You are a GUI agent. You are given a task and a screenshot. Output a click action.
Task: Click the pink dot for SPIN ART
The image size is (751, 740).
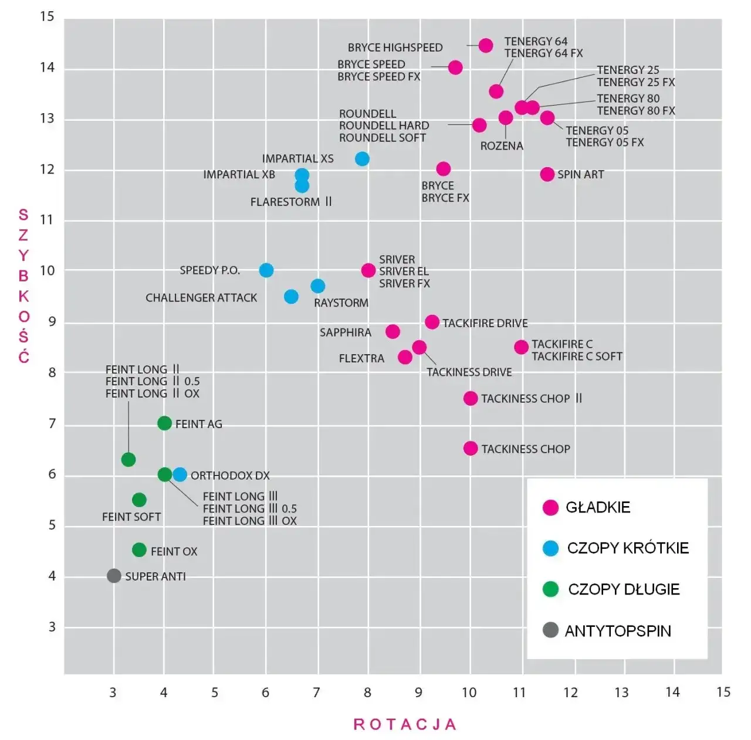[547, 174]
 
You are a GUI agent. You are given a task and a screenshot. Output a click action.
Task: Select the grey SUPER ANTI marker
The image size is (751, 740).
[114, 576]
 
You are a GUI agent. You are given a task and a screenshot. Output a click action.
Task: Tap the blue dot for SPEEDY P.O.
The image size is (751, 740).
[266, 270]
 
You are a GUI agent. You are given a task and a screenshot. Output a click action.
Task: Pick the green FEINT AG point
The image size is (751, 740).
[164, 423]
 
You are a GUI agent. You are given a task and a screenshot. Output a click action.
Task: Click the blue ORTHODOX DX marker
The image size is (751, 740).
[180, 474]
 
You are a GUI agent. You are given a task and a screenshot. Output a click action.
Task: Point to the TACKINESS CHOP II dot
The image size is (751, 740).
[470, 398]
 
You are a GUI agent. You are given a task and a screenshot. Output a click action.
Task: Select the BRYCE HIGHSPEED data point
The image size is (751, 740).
[485, 45]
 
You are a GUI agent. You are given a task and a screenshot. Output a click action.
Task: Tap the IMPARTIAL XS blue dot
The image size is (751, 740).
[362, 159]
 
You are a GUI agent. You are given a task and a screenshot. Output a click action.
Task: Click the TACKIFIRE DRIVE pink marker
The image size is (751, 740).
[432, 322]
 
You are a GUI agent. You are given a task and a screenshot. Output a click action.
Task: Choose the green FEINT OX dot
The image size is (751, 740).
[139, 550]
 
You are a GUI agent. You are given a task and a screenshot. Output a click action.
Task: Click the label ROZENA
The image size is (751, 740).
[502, 146]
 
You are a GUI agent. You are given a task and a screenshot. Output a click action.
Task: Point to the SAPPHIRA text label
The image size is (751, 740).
[345, 332]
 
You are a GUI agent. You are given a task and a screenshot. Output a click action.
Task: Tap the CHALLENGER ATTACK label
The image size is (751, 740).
[201, 298]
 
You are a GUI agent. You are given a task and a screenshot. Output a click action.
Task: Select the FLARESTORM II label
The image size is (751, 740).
[291, 202]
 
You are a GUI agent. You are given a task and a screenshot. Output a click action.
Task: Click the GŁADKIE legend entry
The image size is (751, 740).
[597, 507]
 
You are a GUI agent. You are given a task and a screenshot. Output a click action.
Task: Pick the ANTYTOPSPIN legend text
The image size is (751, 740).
[617, 631]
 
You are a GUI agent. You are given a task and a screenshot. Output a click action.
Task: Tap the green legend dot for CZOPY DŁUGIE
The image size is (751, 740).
[550, 589]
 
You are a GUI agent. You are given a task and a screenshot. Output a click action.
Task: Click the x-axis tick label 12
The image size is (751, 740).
[570, 693]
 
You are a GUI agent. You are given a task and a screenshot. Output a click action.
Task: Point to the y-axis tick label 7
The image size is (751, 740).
[52, 423]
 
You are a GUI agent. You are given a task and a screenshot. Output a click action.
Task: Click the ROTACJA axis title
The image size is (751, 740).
[405, 725]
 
